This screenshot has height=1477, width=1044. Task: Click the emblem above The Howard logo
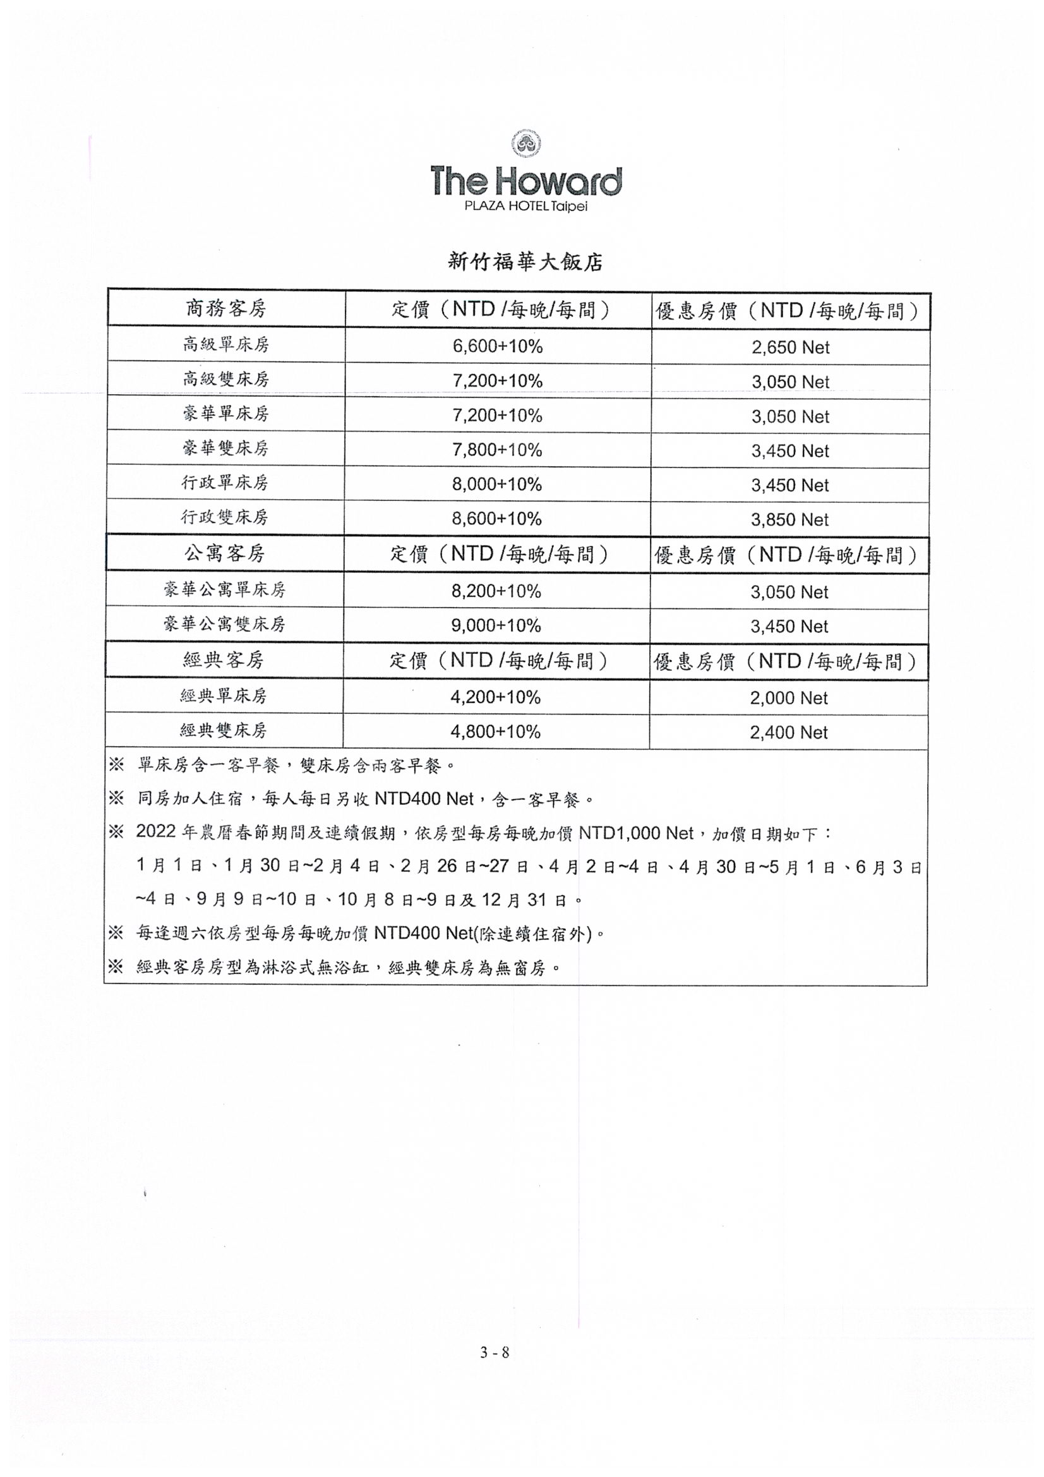coord(525,144)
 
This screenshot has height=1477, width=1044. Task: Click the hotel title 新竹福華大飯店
coord(525,262)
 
